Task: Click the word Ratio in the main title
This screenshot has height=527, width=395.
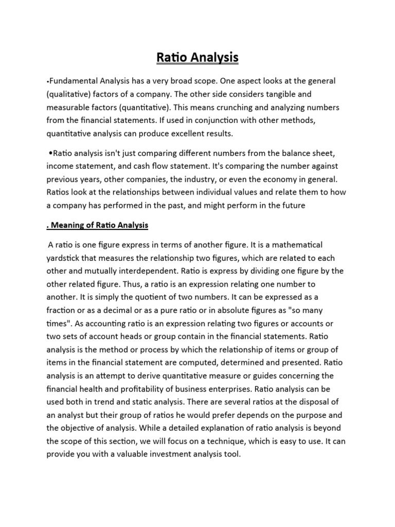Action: click(171, 58)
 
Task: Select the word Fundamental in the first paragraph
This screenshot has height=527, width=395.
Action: click(73, 81)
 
